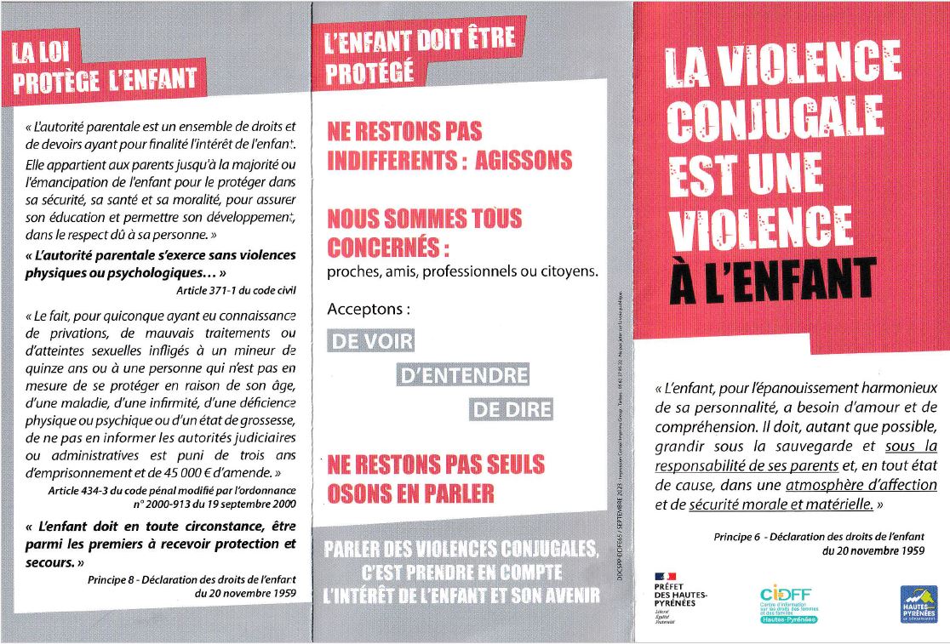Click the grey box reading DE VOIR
click(371, 342)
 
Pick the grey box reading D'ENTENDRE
click(463, 375)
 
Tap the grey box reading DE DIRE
click(512, 409)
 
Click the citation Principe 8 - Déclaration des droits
click(192, 580)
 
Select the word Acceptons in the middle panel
click(369, 310)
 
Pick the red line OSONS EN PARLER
click(410, 492)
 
